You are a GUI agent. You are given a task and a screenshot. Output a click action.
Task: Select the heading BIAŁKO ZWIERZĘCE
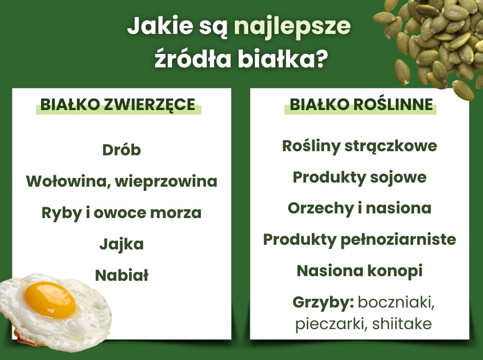(x=118, y=105)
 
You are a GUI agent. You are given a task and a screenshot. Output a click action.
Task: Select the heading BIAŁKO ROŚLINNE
(x=361, y=105)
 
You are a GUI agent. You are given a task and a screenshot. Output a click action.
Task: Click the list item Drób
(x=121, y=150)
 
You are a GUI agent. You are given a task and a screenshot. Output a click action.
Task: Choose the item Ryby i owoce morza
(x=121, y=213)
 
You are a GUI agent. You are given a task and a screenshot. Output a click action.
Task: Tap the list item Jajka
(x=121, y=244)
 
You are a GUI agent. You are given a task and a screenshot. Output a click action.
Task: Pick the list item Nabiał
(x=121, y=275)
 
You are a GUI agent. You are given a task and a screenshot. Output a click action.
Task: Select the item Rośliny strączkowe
(x=360, y=146)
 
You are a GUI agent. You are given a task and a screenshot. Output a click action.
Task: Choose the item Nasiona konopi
(x=360, y=271)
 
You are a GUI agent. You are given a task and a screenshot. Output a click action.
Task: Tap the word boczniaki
(x=396, y=302)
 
